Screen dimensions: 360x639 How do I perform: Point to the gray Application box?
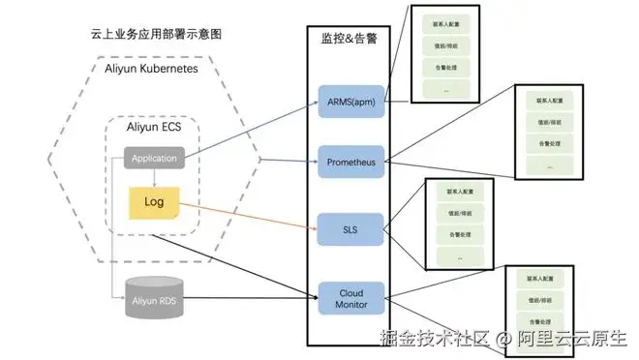pos(154,157)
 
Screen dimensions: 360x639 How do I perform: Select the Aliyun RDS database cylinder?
pos(155,301)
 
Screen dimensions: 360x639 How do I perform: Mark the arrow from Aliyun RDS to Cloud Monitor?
pos(252,299)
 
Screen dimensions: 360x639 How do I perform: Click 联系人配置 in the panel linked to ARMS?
pos(445,22)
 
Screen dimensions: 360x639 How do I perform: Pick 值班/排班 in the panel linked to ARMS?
pos(445,45)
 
